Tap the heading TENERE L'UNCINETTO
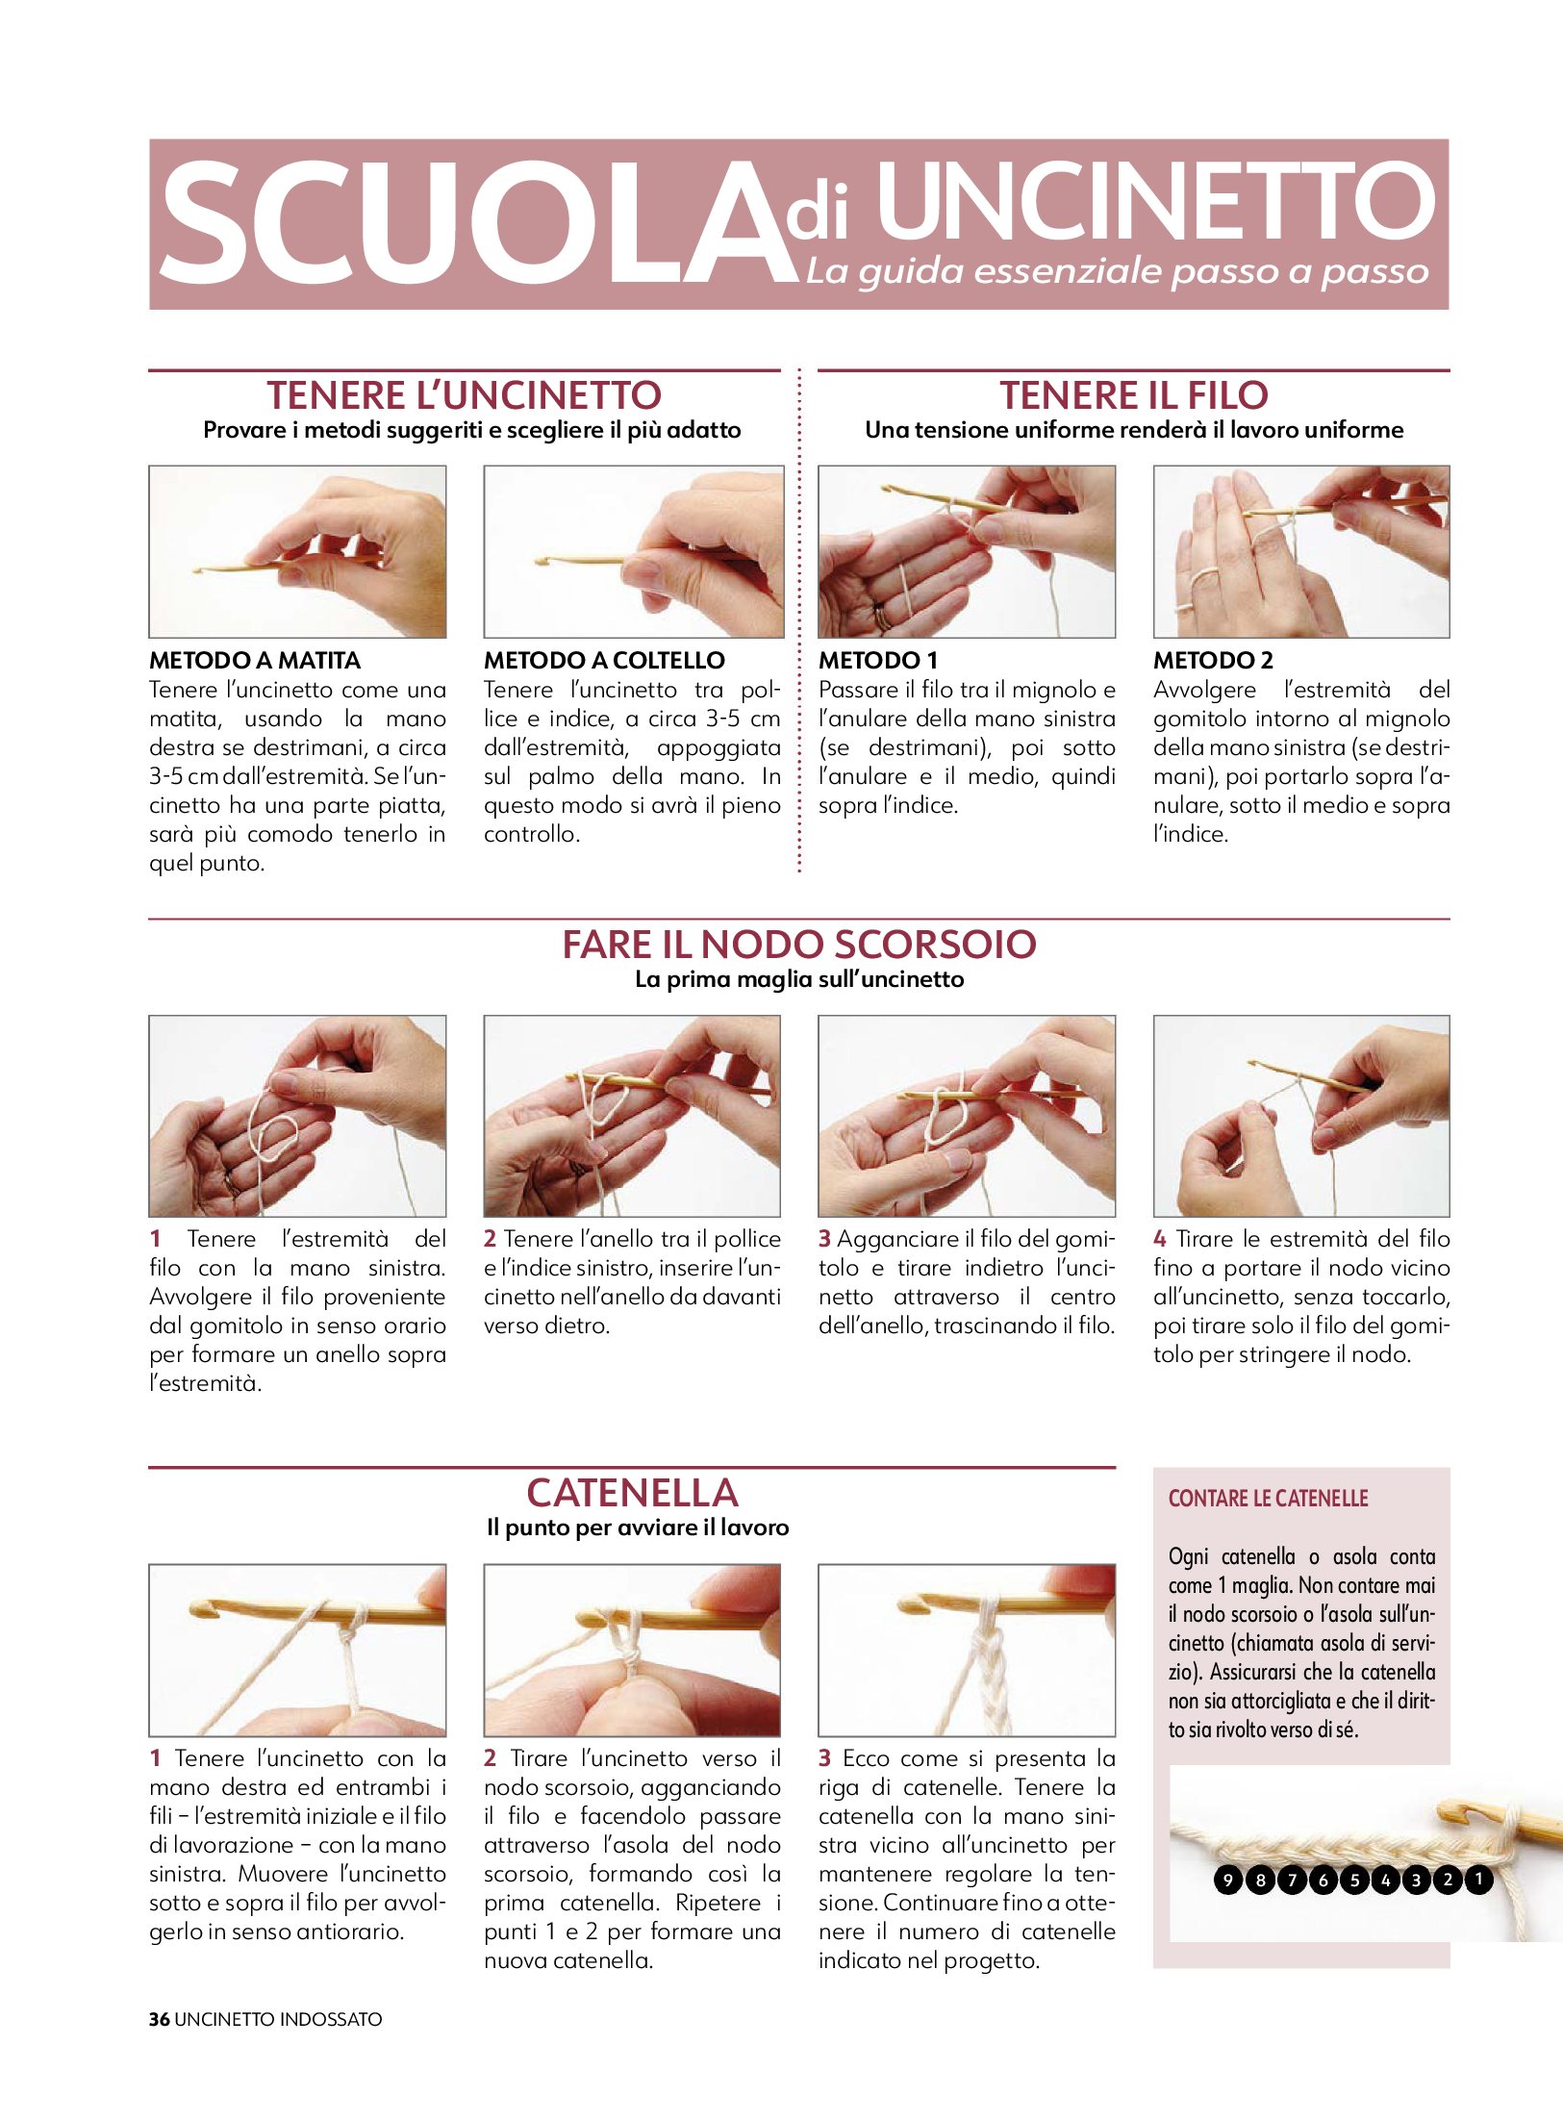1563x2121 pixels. (465, 395)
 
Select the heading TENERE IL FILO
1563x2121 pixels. (1134, 395)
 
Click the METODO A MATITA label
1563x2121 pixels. (255, 660)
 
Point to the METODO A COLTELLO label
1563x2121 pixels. (604, 660)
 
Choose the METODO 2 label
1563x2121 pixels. (1213, 660)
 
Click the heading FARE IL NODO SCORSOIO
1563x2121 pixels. (799, 945)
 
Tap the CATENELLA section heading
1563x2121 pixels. (632, 1493)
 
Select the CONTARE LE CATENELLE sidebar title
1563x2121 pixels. (1268, 1498)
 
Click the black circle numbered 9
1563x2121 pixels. (1228, 1879)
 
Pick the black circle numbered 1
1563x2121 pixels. (1478, 1879)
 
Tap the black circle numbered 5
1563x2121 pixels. (1353, 1879)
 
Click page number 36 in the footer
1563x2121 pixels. (159, 2019)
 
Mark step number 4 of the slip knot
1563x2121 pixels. (1160, 1239)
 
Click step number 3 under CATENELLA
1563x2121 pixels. (824, 1758)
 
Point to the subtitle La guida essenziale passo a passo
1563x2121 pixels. (1118, 271)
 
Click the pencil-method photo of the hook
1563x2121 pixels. (297, 551)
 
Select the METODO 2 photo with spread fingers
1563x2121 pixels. (1301, 551)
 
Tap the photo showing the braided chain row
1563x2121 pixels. (967, 1650)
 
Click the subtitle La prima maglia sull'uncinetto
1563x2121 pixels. (799, 979)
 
